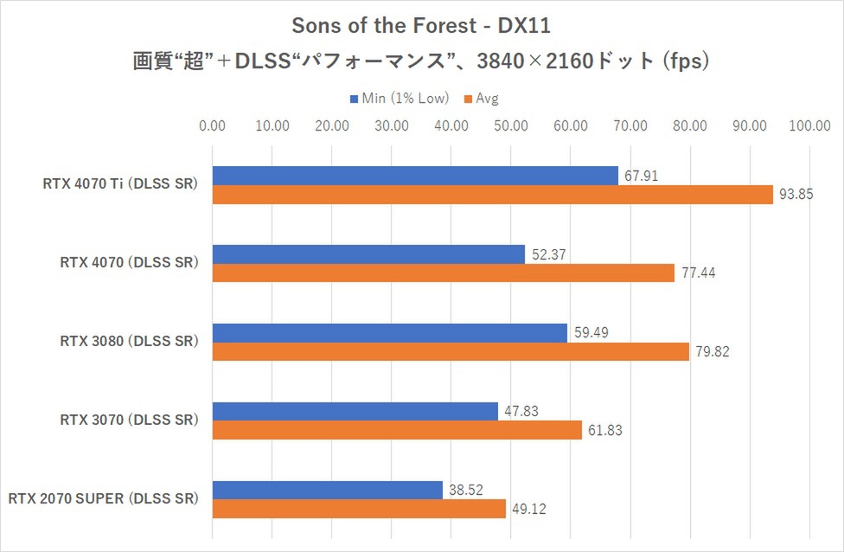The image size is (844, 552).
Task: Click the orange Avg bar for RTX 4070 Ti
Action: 492,196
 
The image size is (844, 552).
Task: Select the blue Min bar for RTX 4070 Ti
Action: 415,176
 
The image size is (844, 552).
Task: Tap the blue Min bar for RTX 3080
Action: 389,333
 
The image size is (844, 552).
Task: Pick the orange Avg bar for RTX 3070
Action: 397,431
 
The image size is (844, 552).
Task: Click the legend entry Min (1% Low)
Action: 405,99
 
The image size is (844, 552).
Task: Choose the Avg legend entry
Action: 487,99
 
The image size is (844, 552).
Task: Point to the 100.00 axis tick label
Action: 809,125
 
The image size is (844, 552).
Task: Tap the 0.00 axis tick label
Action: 212,125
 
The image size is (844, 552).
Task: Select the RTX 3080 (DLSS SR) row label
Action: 129,342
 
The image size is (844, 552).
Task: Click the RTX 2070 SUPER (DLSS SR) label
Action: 104,499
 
